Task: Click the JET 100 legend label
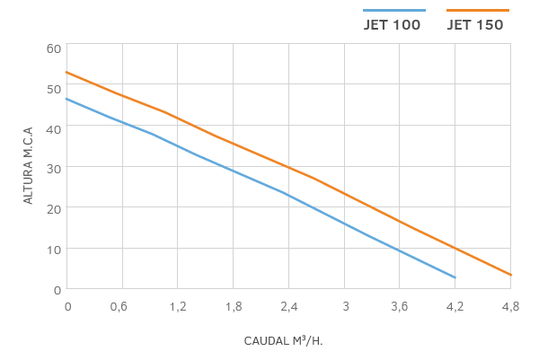(392, 25)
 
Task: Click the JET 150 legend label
(475, 25)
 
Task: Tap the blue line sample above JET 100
(393, 10)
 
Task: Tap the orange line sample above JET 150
(477, 10)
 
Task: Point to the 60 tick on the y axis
(53, 48)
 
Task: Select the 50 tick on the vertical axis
(53, 88)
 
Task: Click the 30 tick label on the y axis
(53, 168)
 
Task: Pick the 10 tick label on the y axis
(53, 249)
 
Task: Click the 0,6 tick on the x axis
(119, 306)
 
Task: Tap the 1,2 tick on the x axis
(177, 306)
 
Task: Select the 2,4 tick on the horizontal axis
(288, 306)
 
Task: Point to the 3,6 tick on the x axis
(400, 306)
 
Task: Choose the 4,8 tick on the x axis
(510, 306)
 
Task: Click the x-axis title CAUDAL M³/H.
(282, 341)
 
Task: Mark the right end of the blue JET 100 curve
(455, 277)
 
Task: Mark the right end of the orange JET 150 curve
(511, 275)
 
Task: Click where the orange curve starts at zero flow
(66, 72)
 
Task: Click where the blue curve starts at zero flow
(66, 99)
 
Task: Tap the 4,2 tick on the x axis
(455, 306)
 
